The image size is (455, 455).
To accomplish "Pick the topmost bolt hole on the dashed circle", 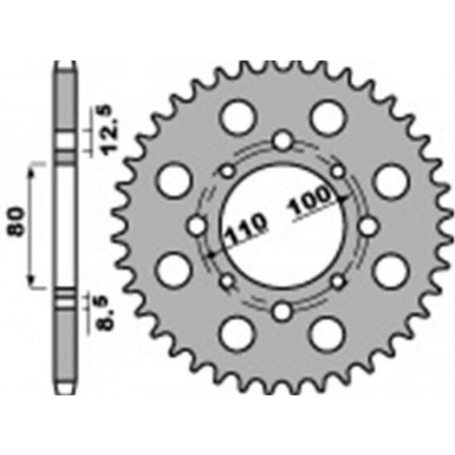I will pyautogui.click(x=282, y=143).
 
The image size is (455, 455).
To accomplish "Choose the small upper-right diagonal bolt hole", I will pyautogui.click(x=337, y=172).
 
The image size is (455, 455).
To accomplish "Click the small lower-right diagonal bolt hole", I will pyautogui.click(x=337, y=282).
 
